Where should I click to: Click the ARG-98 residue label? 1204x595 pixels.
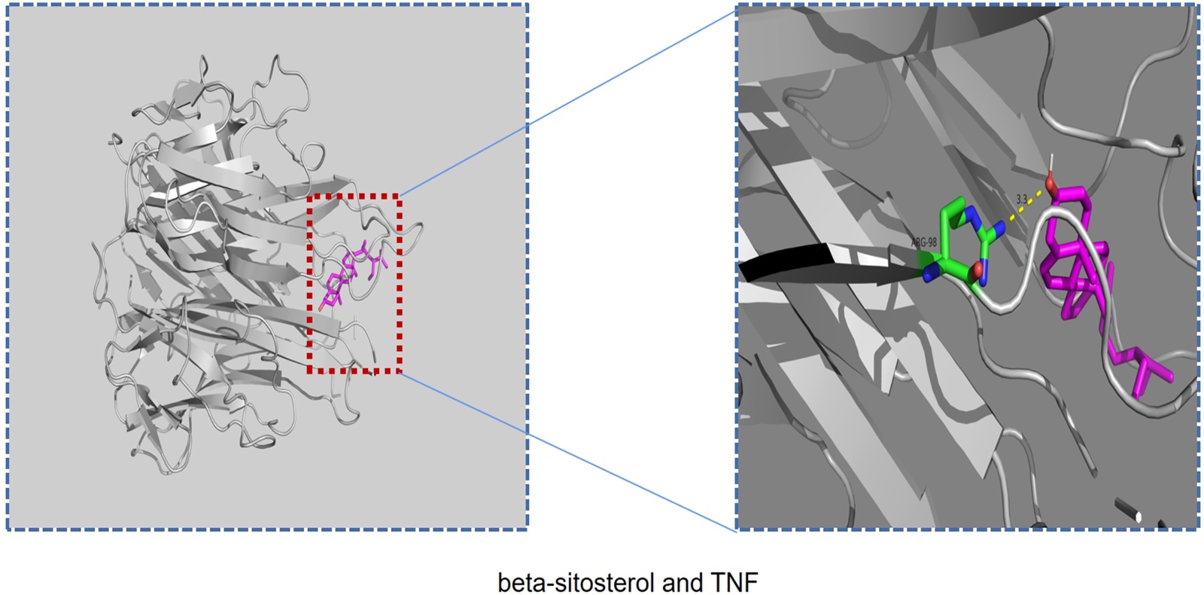click(924, 243)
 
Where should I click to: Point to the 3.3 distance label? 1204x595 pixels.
click(1022, 200)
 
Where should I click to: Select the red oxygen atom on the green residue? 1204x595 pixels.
click(976, 270)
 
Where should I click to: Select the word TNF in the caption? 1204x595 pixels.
click(734, 582)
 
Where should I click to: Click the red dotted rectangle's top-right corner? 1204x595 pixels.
click(400, 196)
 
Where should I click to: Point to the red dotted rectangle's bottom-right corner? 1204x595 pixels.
click(400, 371)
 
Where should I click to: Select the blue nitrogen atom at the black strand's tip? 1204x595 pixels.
click(929, 276)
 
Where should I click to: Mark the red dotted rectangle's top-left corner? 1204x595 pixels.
click(309, 196)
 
